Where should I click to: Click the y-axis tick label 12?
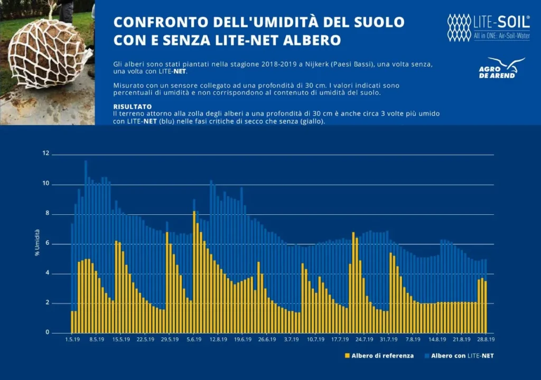tap(46, 154)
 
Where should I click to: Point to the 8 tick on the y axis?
tap(47, 214)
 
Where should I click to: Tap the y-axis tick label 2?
tap(47, 303)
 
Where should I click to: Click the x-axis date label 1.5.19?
tap(72, 339)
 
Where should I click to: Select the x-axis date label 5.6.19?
tap(194, 339)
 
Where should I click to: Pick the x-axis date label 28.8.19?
tap(486, 339)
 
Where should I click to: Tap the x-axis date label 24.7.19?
tap(364, 339)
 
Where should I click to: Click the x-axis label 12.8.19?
tap(218, 339)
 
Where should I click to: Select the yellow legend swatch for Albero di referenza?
tap(347, 356)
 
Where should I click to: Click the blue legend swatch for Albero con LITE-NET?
tap(426, 356)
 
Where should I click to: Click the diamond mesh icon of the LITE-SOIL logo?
tap(459, 27)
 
